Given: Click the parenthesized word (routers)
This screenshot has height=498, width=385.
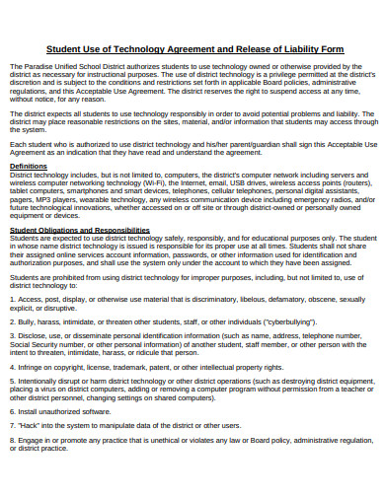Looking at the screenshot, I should [x=352, y=182].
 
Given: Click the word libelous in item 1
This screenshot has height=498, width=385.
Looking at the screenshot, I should [x=272, y=300].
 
